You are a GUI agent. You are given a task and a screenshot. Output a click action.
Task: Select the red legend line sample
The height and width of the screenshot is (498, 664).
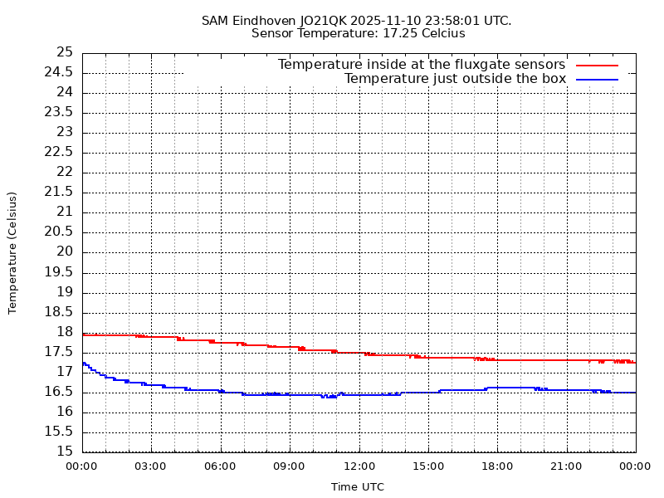pyautogui.click(x=598, y=65)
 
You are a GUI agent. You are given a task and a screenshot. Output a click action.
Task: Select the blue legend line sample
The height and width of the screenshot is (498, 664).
pyautogui.click(x=598, y=79)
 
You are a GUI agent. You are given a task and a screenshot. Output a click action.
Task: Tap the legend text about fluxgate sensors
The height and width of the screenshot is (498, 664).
pyautogui.click(x=421, y=65)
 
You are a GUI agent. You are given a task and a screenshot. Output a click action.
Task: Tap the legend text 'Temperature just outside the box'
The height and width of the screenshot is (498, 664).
pyautogui.click(x=455, y=79)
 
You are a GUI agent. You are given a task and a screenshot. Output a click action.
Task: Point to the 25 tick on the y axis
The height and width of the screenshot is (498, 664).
pyautogui.click(x=65, y=51)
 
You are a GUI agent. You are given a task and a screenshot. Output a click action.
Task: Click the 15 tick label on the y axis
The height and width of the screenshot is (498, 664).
pyautogui.click(x=65, y=452)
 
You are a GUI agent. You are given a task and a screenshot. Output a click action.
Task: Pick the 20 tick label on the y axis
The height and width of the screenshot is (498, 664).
pyautogui.click(x=65, y=251)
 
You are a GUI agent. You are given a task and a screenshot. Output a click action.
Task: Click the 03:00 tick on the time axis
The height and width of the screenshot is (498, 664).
pyautogui.click(x=151, y=466)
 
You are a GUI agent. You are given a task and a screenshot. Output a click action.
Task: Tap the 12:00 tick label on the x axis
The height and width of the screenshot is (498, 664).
pyautogui.click(x=359, y=466)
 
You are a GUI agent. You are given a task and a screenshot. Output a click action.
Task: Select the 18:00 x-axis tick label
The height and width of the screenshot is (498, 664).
pyautogui.click(x=497, y=466)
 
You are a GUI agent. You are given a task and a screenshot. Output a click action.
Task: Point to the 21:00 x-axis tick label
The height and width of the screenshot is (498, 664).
pyautogui.click(x=566, y=466)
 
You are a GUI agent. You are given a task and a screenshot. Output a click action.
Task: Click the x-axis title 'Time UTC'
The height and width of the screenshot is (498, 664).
pyautogui.click(x=358, y=487)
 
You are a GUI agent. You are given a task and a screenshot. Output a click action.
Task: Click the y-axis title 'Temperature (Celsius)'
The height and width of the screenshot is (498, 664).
pyautogui.click(x=12, y=252)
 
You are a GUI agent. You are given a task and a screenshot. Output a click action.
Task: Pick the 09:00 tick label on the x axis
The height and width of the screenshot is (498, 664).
pyautogui.click(x=290, y=466)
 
